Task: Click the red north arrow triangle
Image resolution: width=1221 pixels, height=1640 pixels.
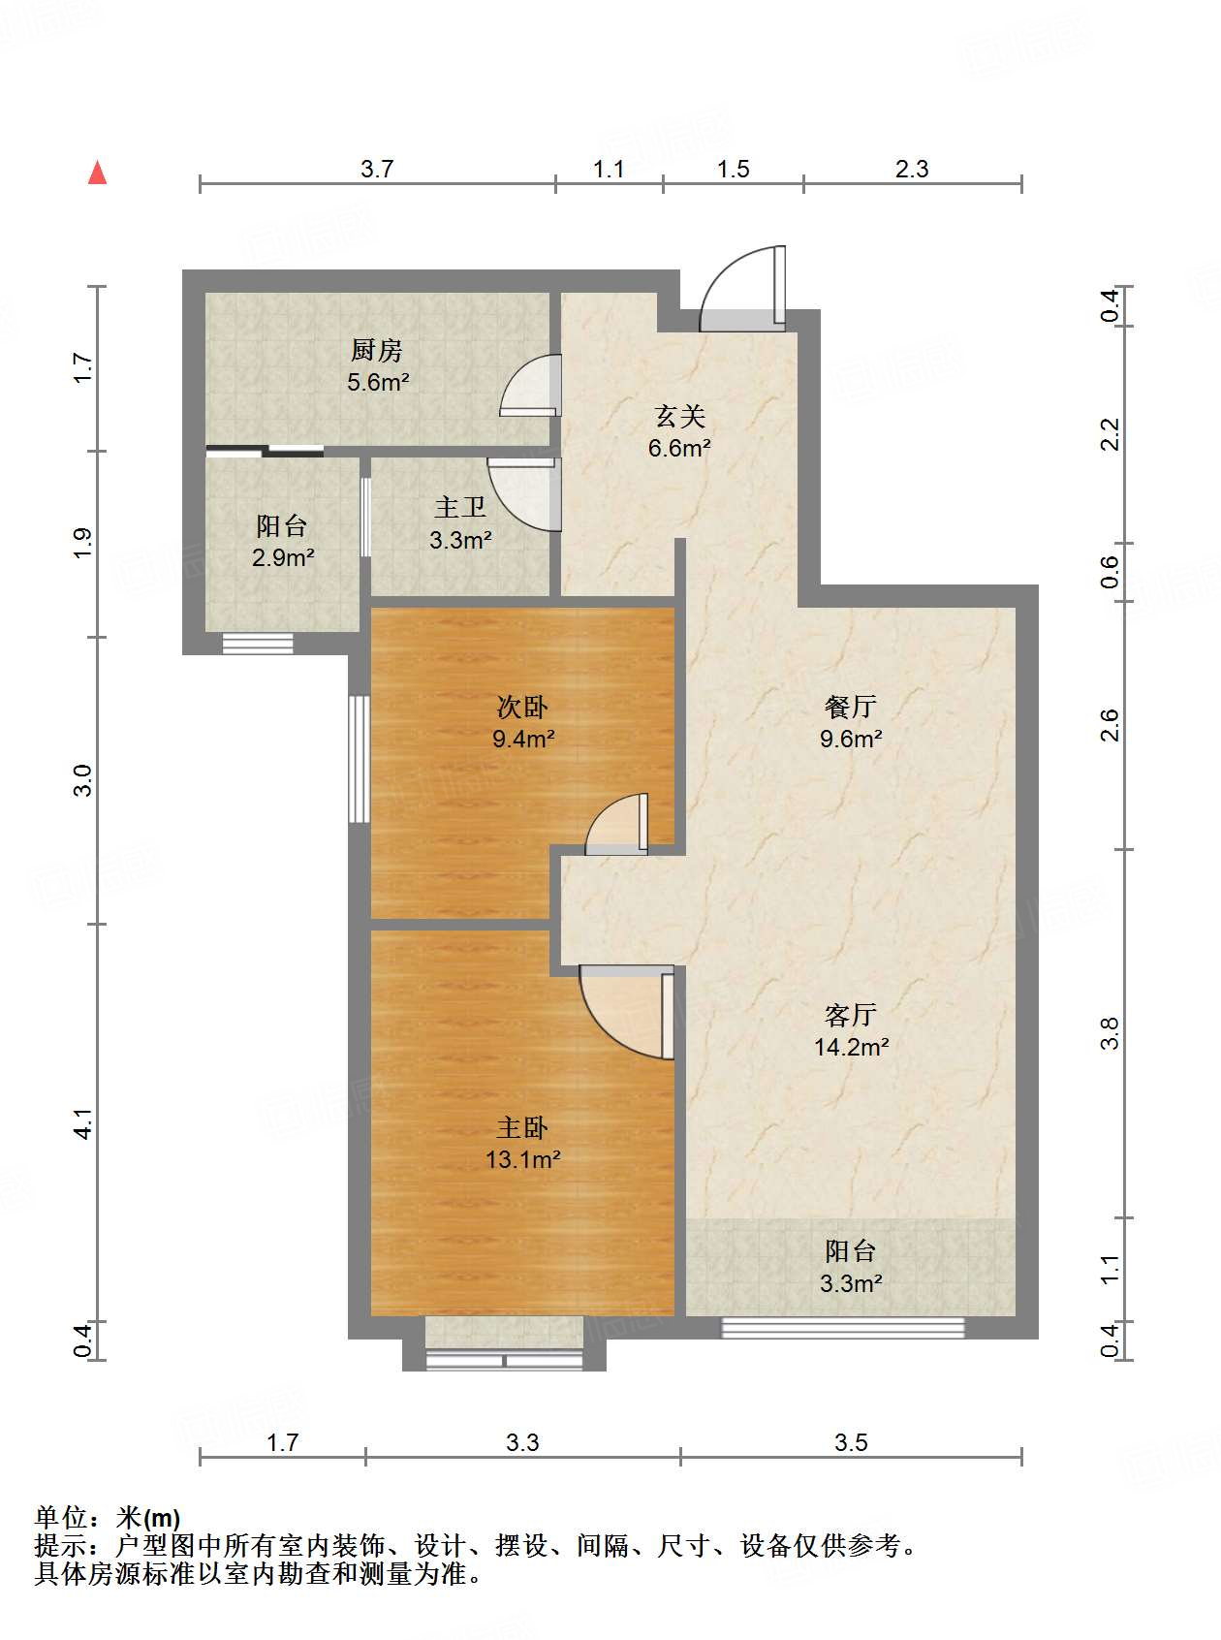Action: click(97, 173)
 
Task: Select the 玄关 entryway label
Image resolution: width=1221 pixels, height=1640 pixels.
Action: click(679, 416)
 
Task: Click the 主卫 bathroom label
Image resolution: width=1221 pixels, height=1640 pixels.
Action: click(459, 507)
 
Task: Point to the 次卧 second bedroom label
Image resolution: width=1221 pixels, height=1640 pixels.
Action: click(522, 707)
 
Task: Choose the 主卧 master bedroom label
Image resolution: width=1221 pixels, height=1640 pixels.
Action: click(522, 1127)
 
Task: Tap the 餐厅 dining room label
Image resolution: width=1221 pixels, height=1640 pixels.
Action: click(850, 707)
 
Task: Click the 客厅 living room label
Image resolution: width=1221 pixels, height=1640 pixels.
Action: click(850, 1015)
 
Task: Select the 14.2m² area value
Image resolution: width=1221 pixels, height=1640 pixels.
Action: click(851, 1047)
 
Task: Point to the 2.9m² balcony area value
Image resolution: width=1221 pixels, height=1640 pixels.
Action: click(283, 557)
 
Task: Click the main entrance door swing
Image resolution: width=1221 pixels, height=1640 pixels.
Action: click(742, 286)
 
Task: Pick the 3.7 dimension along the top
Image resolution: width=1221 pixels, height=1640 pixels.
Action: click(377, 169)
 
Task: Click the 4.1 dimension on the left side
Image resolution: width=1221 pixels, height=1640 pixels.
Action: click(83, 1123)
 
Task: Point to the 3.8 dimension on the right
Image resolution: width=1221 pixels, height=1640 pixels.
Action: click(1111, 1033)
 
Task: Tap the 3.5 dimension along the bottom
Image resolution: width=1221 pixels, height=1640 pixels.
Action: click(851, 1442)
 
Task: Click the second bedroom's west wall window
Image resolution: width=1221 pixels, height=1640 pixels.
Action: click(360, 759)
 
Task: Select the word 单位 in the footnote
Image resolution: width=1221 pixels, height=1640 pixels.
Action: click(61, 1518)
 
